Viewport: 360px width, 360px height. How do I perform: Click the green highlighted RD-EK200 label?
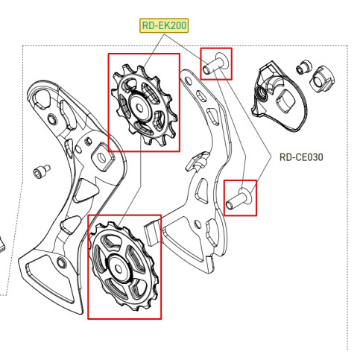[165, 26]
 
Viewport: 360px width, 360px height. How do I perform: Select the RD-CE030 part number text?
[301, 157]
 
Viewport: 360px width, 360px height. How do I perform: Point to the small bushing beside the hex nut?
[302, 66]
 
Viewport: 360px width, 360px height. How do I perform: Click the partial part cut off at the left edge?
[2, 243]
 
